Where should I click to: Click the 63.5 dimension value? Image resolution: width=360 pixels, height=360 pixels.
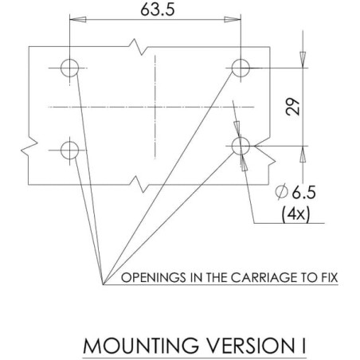click(x=158, y=10)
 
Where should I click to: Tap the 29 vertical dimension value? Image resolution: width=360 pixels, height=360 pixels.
click(x=292, y=107)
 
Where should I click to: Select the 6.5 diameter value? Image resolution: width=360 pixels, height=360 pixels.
click(x=304, y=192)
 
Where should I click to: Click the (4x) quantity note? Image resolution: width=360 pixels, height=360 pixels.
click(x=295, y=213)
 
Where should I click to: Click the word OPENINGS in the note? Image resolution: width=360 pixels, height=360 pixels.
click(x=154, y=278)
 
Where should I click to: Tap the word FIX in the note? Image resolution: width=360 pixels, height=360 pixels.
click(x=330, y=278)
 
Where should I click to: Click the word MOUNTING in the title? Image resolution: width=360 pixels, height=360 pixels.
click(x=141, y=346)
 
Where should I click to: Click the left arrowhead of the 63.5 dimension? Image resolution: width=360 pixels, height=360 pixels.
click(x=78, y=20)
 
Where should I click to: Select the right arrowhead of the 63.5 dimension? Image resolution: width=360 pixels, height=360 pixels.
click(x=233, y=20)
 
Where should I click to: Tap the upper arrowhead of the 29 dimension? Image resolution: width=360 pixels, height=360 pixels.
click(x=303, y=60)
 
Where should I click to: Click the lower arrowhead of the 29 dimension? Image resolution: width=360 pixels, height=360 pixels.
click(x=303, y=154)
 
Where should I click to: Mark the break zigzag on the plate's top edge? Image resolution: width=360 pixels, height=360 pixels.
click(x=139, y=47)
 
